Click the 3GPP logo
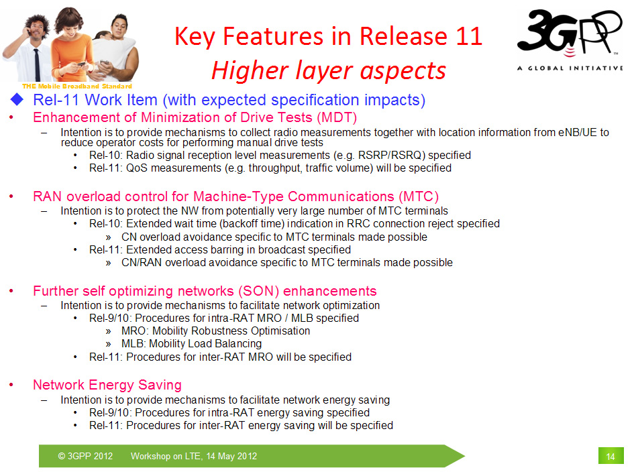point(570,40)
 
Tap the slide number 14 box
point(611,456)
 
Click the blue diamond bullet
point(17,99)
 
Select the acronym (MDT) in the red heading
point(337,117)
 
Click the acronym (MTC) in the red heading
point(418,196)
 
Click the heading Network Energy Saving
point(107,385)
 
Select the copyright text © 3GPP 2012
point(85,456)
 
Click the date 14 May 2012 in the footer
point(231,456)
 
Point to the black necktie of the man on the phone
point(37,65)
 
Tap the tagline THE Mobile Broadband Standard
point(77,86)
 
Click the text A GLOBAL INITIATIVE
point(570,68)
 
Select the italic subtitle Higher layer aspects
point(329,70)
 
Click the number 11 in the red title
point(469,36)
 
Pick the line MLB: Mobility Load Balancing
point(191,344)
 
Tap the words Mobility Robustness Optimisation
point(231,331)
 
